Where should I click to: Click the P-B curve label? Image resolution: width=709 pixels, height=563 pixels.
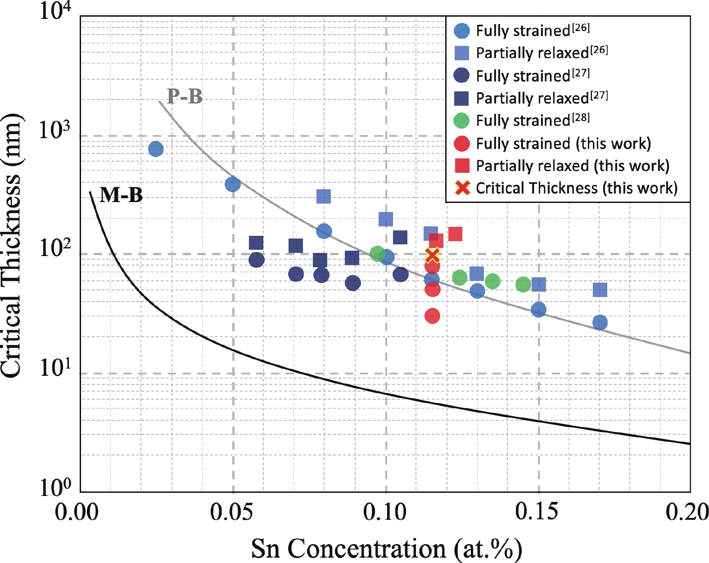185,96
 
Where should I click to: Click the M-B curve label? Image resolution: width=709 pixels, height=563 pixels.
121,195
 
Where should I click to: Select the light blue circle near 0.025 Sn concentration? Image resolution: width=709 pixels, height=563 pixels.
156,149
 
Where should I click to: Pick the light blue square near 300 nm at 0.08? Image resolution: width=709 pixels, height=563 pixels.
324,196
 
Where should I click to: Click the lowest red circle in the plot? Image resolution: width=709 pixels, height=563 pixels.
432,316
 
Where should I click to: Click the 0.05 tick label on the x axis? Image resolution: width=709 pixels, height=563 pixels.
232,512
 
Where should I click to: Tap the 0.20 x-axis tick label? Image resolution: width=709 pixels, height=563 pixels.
687,512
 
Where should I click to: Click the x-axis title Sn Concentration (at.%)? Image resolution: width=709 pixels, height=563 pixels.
386,548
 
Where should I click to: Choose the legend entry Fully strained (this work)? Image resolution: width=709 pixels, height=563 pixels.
563,144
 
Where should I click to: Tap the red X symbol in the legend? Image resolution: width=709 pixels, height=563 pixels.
462,188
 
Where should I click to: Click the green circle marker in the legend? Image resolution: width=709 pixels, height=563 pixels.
462,121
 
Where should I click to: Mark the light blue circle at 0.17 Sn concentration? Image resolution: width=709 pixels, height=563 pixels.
600,322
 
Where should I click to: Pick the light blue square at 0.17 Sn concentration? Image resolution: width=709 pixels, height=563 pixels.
600,290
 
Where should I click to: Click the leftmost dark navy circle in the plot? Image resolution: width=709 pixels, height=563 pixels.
256,260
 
